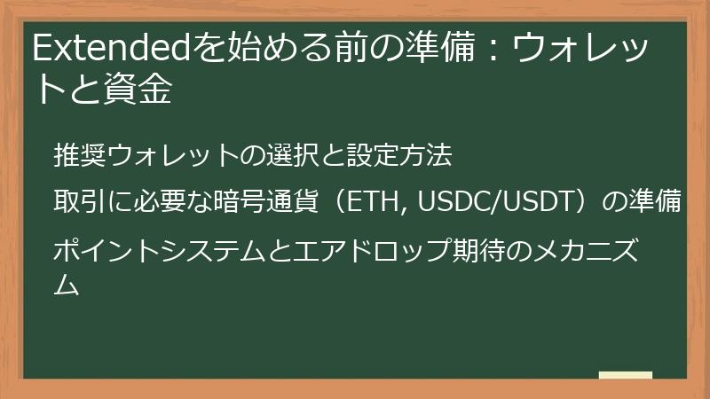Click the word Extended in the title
tap(113, 49)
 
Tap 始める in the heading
tap(263, 49)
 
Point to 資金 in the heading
tap(144, 90)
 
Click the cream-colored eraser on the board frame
tap(625, 376)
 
